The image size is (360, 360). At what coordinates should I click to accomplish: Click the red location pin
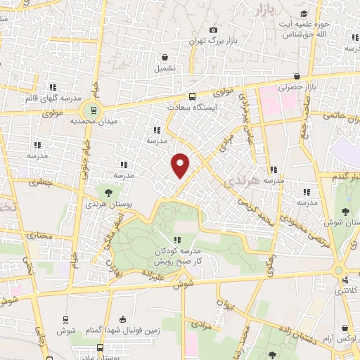[181, 165]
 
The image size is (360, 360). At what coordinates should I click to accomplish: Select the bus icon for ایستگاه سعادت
[192, 97]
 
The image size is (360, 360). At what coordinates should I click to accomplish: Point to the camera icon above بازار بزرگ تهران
[213, 30]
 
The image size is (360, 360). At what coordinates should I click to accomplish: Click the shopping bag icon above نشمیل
[164, 58]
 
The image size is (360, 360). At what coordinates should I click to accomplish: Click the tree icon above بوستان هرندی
[108, 190]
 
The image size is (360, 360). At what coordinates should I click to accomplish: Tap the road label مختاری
[39, 236]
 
